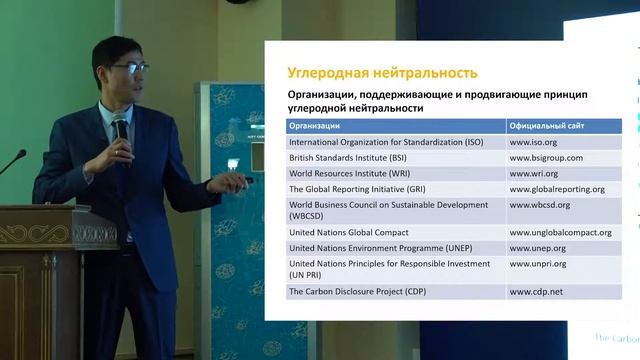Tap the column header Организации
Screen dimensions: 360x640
pos(314,126)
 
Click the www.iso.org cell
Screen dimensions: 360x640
pos(533,142)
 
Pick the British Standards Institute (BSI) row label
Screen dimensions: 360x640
pos(354,158)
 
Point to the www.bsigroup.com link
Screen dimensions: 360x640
pos(546,158)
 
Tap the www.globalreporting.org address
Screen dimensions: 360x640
pos(557,188)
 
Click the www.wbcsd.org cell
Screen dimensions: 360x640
pos(540,205)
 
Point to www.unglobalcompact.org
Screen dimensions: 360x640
pos(560,231)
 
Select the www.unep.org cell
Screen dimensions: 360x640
pos(538,247)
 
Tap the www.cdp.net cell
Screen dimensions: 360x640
pos(535,292)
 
